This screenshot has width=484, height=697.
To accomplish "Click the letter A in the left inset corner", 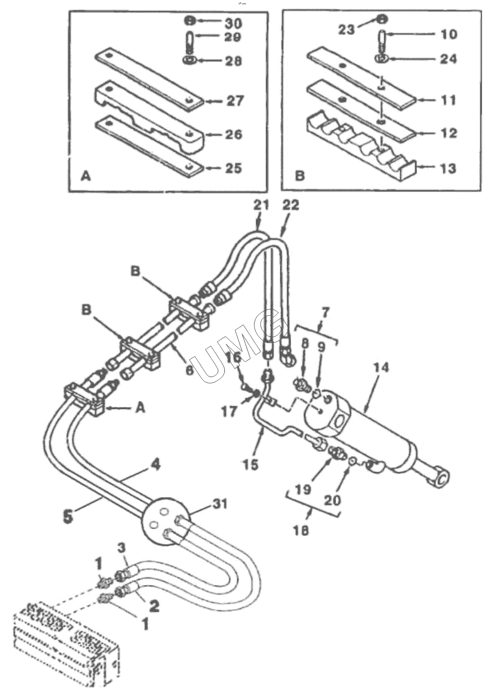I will coord(85,177).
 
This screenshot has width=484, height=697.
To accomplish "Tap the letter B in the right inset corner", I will coord(300,176).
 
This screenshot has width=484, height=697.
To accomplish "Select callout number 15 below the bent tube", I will coord(251,464).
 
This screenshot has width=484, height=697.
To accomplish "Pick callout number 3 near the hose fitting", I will coord(122,548).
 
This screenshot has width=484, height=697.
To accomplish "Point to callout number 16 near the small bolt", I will coord(234,358).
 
